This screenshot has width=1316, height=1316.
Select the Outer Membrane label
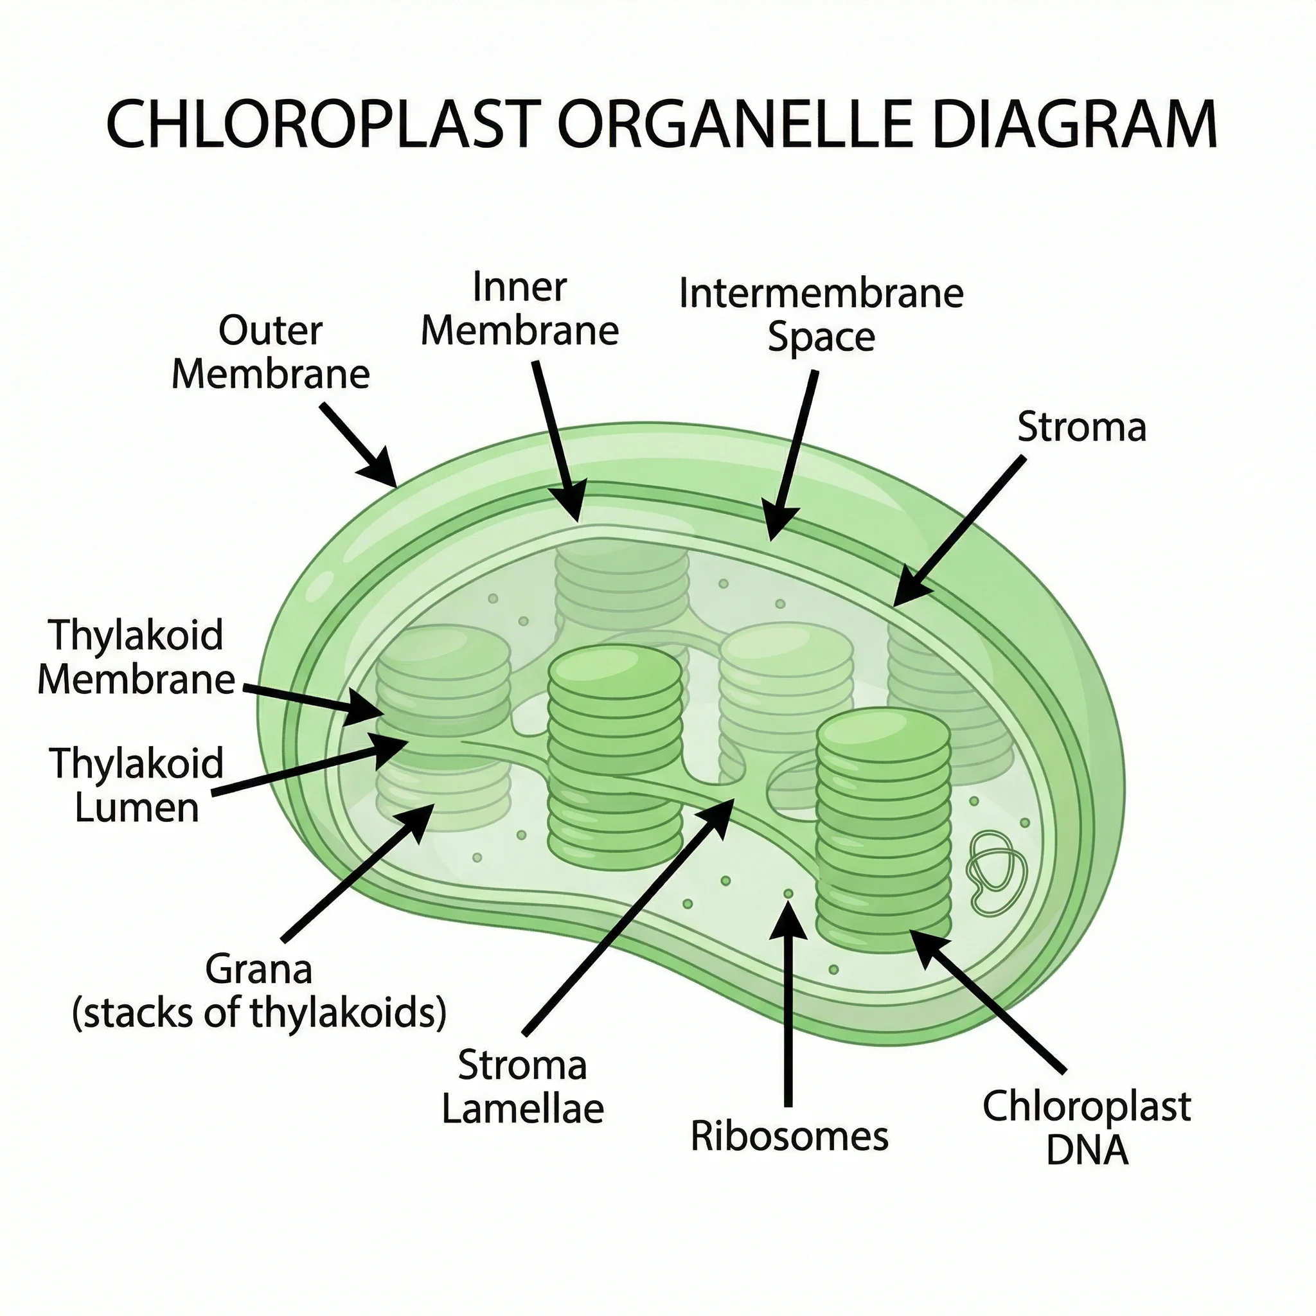271,352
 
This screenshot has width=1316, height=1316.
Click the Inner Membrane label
519,308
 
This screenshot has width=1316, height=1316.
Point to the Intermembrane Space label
821,315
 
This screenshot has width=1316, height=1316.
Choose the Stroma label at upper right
1081,428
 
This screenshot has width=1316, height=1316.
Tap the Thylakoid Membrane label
136,657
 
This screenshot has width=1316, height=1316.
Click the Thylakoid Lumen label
136,785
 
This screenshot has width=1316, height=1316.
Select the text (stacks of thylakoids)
259,1013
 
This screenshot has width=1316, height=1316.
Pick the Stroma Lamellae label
522,1087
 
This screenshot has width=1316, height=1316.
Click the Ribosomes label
789,1136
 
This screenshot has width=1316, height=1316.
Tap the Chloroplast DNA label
1086,1127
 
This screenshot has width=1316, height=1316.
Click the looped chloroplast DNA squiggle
996,873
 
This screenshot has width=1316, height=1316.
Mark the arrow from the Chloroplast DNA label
991,1001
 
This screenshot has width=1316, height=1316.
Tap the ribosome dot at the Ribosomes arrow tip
788,893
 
